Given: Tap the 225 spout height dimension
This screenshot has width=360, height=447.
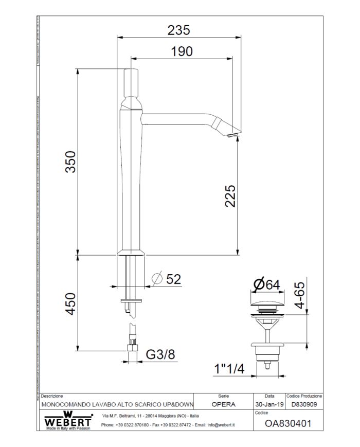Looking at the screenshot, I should pyautogui.click(x=230, y=195).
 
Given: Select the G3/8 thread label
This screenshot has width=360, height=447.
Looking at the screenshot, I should pyautogui.click(x=160, y=354).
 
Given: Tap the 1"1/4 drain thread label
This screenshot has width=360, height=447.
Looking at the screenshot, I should pyautogui.click(x=229, y=369).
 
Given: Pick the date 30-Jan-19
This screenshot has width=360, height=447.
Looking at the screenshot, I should pyautogui.click(x=269, y=404).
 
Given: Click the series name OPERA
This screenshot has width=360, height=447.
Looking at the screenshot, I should pyautogui.click(x=224, y=404).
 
